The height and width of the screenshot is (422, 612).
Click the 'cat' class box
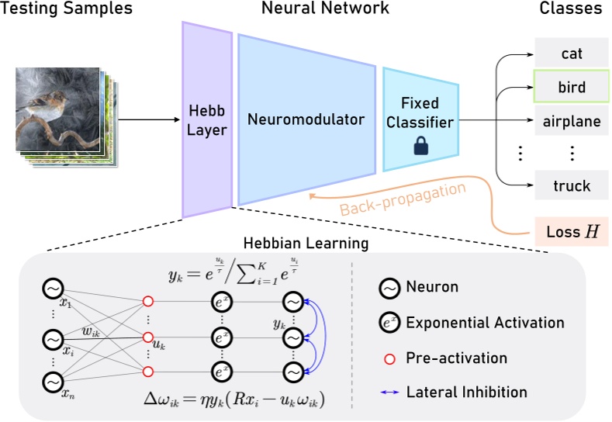point(571,54)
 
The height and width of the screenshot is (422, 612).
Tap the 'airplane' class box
point(571,121)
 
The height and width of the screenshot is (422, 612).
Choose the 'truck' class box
point(571,185)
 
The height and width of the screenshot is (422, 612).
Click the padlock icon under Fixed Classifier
point(419,145)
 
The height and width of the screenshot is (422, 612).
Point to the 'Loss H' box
point(571,232)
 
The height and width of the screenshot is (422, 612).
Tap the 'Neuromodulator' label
point(306,119)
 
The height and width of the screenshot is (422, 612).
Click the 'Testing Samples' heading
point(67,9)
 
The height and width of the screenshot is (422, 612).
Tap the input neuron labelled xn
point(52,382)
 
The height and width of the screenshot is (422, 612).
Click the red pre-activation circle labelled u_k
point(147,337)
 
